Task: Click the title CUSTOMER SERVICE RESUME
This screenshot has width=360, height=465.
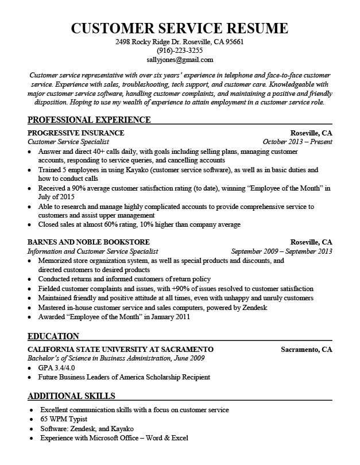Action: coord(179,28)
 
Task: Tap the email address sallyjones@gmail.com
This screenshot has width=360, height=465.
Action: coord(179,59)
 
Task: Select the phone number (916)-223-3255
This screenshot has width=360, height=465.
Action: coord(179,51)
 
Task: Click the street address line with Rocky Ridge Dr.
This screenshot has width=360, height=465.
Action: coord(179,42)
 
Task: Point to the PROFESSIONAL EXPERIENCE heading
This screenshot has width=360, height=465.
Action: coord(89,119)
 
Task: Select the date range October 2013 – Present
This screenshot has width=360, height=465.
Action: coord(297,141)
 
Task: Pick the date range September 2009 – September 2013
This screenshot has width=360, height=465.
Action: coord(281,251)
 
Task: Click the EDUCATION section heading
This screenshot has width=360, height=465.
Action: coord(53,336)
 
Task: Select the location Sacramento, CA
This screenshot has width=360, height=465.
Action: coord(306,349)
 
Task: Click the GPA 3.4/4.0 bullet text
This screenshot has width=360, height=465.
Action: coord(56,367)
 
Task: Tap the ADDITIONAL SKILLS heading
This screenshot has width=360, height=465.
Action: coord(71,396)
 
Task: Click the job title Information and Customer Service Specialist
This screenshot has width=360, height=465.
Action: coord(93,251)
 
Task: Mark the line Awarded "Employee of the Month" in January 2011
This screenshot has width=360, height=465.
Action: coord(114,316)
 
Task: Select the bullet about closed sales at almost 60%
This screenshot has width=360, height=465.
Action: coord(139,224)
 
